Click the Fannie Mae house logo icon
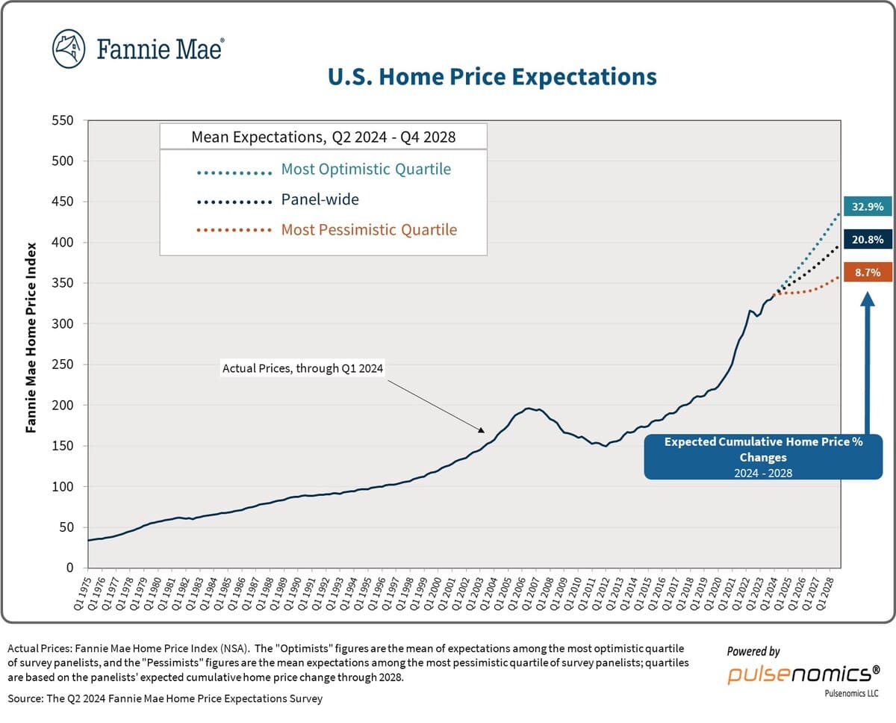(69, 49)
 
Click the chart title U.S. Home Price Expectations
(493, 77)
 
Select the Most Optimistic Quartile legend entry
(365, 170)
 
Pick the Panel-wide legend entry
(320, 200)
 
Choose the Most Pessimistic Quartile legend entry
(368, 230)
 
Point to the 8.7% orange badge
(867, 273)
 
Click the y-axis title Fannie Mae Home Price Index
(31, 337)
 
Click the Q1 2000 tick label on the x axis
(437, 594)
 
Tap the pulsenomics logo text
(803, 674)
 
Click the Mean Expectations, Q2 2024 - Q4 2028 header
(323, 137)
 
